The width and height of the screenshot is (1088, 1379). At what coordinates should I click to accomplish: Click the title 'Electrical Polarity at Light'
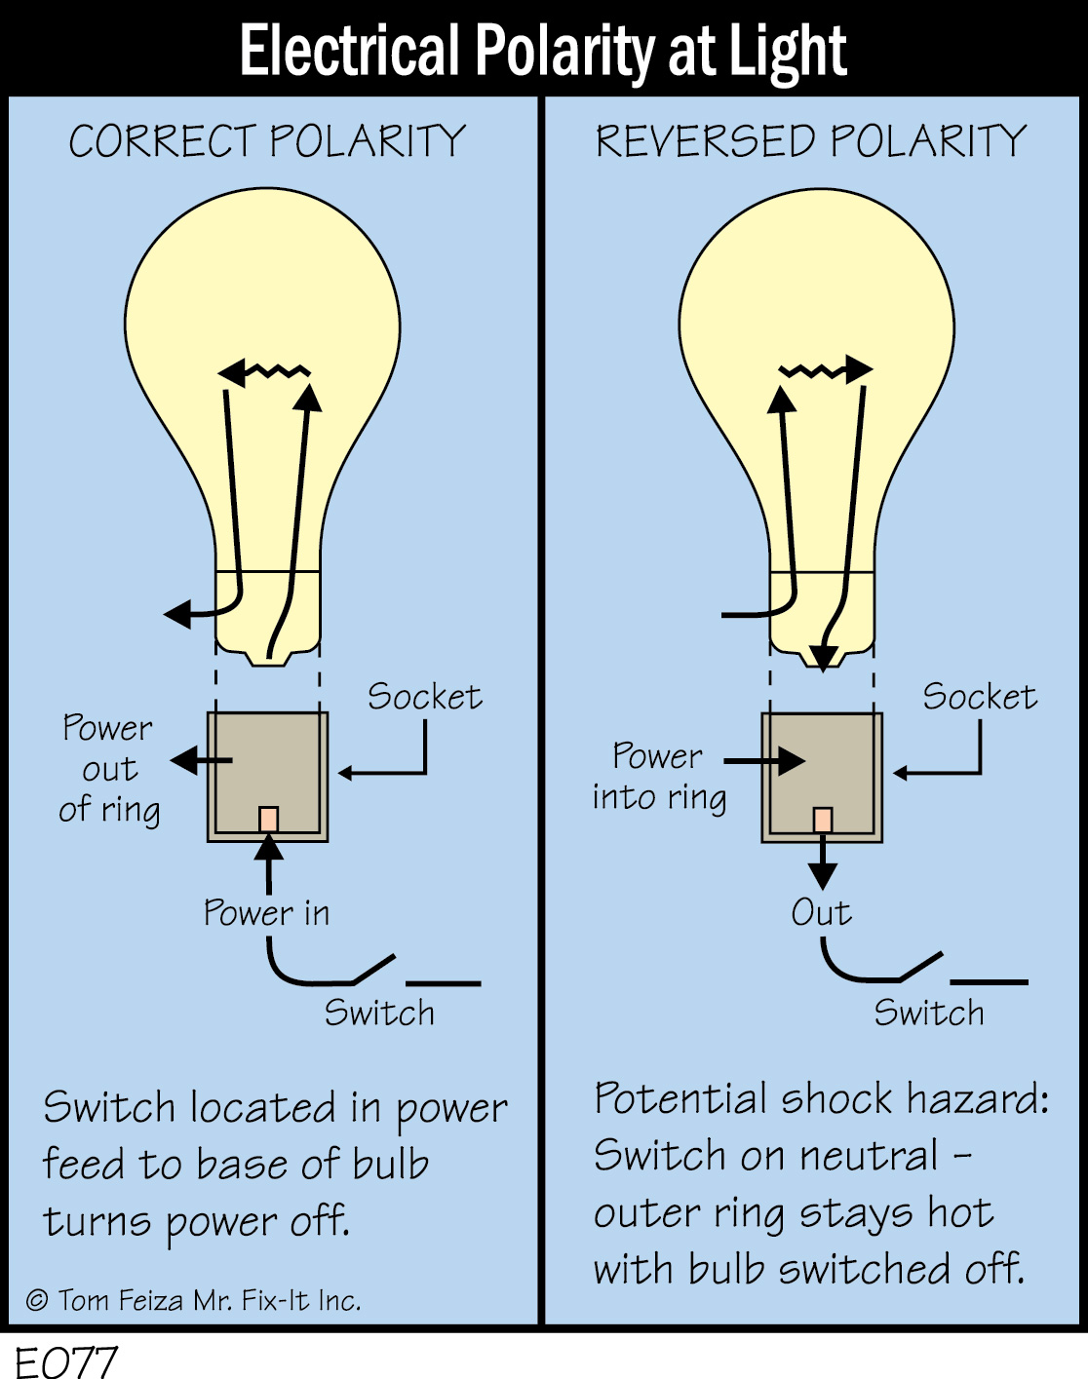pyautogui.click(x=543, y=51)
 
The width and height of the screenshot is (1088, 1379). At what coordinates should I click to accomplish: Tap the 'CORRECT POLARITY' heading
pyautogui.click(x=267, y=141)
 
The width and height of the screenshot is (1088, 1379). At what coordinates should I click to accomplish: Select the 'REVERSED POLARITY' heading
pyautogui.click(x=811, y=141)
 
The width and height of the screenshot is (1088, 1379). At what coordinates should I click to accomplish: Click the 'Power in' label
pyautogui.click(x=266, y=913)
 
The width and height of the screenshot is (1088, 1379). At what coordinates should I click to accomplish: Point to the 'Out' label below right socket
pyautogui.click(x=821, y=913)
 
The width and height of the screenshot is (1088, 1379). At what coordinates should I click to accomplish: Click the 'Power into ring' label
pyautogui.click(x=658, y=777)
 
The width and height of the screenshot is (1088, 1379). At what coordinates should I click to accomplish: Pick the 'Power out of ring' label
pyautogui.click(x=108, y=769)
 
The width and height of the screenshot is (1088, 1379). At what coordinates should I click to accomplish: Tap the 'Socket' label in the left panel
pyautogui.click(x=424, y=697)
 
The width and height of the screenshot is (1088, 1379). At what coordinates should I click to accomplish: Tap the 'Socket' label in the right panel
pyautogui.click(x=980, y=697)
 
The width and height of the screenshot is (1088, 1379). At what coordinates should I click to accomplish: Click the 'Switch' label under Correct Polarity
pyautogui.click(x=379, y=1014)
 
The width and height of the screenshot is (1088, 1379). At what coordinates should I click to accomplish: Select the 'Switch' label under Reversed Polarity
pyautogui.click(x=929, y=1014)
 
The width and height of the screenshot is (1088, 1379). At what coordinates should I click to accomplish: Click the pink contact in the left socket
pyautogui.click(x=268, y=820)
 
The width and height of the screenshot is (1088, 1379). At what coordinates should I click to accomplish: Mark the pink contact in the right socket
pyautogui.click(x=823, y=820)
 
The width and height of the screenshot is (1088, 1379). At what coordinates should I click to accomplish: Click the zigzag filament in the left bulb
pyautogui.click(x=275, y=371)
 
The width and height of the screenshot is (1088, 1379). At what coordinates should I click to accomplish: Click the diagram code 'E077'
pyautogui.click(x=66, y=1360)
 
